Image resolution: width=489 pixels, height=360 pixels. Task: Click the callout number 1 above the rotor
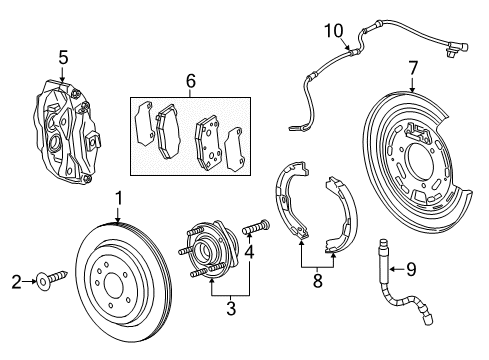[118, 197]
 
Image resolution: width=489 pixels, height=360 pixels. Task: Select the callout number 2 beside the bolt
[14, 282]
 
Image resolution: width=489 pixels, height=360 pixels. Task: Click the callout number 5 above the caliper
[62, 59]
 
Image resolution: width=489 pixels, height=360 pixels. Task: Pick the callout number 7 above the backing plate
[410, 67]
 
